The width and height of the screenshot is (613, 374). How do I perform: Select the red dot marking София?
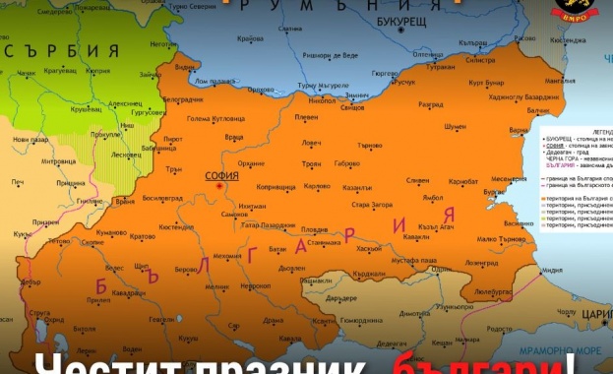tap(221, 184)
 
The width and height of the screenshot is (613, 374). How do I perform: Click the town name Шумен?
tap(455, 126)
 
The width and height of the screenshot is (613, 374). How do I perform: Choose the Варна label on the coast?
tap(519, 130)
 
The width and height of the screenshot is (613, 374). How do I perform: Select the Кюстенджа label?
tap(566, 40)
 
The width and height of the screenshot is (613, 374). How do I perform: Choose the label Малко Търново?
tap(498, 239)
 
